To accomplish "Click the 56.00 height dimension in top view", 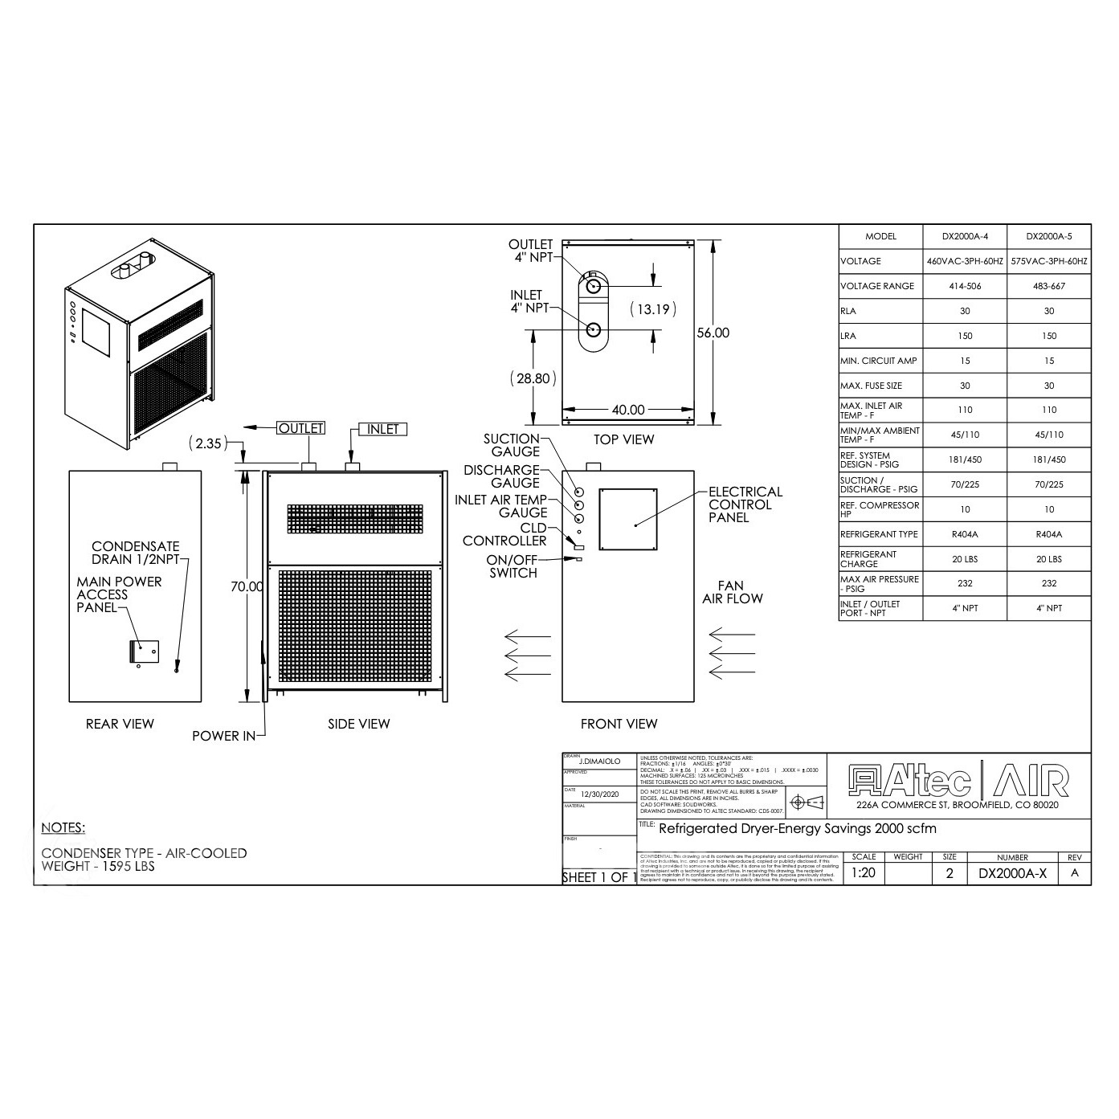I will (713, 333).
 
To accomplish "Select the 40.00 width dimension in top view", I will (628, 410).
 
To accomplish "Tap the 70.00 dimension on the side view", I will (247, 586).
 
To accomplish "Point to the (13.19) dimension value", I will (652, 308).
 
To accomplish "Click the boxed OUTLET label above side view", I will (300, 429).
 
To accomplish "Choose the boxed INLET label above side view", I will (382, 429).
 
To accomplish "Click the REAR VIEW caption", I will (120, 724).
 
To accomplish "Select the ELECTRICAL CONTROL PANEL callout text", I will (745, 504).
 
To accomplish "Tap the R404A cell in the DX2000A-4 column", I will (965, 534).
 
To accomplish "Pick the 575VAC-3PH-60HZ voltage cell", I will (1049, 261).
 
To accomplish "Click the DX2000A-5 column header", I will (1049, 236).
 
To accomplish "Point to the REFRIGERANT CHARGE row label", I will (868, 559).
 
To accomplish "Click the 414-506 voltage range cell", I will (965, 286).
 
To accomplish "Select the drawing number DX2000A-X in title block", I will (1012, 874).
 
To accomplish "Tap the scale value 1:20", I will (864, 873).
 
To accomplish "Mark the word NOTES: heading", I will (63, 827).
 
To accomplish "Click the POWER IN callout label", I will (223, 736).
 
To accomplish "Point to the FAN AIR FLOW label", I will (733, 592).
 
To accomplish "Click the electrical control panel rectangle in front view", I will (628, 519).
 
